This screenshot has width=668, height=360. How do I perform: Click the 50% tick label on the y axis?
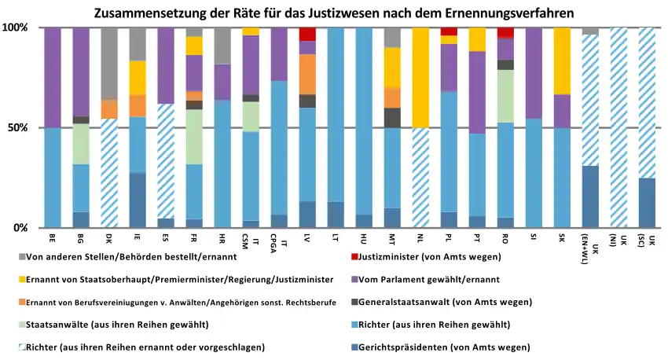click(x=17, y=127)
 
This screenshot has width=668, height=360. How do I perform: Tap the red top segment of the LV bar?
click(x=307, y=34)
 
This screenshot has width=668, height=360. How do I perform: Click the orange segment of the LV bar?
click(x=307, y=74)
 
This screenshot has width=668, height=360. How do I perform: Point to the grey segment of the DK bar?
click(x=110, y=63)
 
